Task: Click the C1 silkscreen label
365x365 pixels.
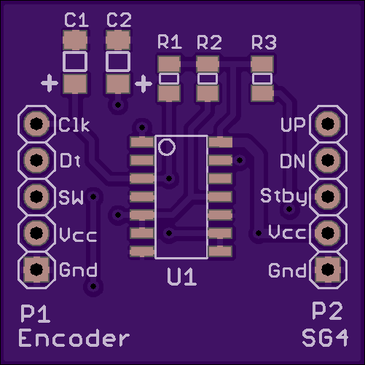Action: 76,20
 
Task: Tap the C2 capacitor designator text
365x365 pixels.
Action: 119,20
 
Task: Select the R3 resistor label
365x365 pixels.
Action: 264,42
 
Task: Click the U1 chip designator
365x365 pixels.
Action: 181,276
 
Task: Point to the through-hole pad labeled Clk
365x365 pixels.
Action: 36,124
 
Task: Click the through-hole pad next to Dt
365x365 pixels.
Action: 36,160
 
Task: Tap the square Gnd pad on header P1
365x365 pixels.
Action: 36,270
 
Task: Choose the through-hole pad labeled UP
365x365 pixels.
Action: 328,124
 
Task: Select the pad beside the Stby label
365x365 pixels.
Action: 328,196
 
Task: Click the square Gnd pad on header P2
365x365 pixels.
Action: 328,270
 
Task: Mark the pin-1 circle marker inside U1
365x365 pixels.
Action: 167,147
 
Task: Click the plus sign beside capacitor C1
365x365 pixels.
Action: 50,83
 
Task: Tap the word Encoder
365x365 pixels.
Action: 74,338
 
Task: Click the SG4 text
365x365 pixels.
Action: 325,338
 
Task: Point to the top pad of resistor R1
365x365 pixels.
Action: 169,64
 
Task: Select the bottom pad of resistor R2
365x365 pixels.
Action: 208,93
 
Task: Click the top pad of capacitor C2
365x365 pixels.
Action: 118,40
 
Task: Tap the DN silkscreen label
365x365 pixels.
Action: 292,161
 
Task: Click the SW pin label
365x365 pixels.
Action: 71,197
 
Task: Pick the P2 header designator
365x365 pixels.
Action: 327,311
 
